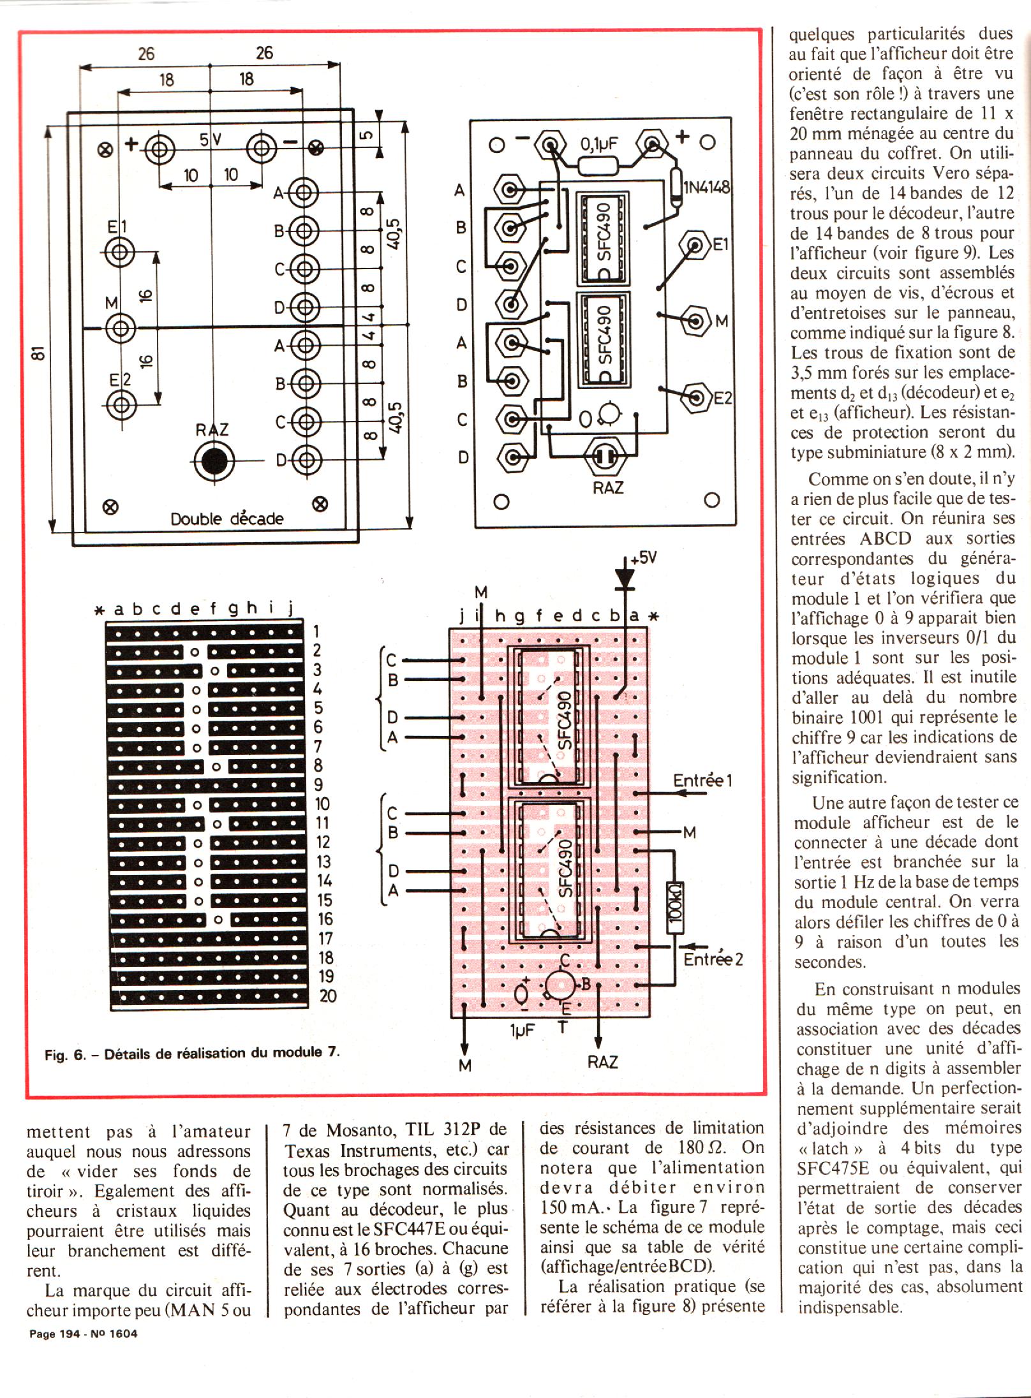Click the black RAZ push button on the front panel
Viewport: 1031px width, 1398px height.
tap(212, 460)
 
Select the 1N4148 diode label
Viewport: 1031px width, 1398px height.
tap(707, 188)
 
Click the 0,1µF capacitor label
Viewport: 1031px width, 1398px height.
tap(599, 144)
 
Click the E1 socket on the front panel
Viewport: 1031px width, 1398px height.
tap(119, 253)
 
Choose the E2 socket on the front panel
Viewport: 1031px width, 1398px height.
tap(120, 404)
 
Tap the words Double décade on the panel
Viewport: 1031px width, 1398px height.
tap(226, 519)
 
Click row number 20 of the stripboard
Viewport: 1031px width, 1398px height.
tap(328, 996)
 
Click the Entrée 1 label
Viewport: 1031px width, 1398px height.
tap(702, 780)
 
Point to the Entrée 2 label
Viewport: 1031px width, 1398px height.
tap(713, 959)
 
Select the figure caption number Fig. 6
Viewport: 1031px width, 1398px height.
tap(64, 1055)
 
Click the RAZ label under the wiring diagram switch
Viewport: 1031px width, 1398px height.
tap(608, 488)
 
